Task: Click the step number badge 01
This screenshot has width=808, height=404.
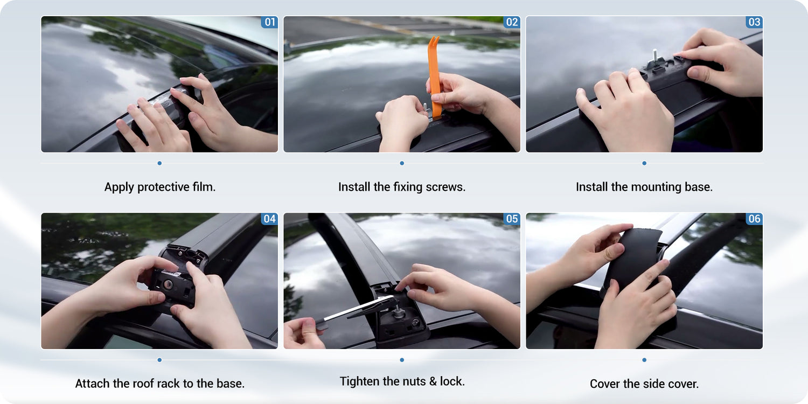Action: (x=269, y=22)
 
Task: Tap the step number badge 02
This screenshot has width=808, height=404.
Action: (x=512, y=22)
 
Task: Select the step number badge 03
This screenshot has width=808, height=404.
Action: (x=754, y=22)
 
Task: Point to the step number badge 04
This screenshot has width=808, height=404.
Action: (x=269, y=219)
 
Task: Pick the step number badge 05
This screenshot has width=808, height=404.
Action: (x=512, y=219)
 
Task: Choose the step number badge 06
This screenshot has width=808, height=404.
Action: (x=754, y=219)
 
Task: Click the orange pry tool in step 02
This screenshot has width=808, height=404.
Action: (x=435, y=76)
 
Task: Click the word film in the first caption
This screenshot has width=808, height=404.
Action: (x=204, y=187)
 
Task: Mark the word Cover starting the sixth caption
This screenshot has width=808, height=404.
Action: (x=604, y=384)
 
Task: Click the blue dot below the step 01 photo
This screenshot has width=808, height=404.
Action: (x=159, y=163)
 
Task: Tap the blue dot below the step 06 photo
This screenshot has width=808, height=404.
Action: (x=644, y=360)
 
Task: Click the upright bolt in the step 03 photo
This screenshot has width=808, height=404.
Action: (x=654, y=57)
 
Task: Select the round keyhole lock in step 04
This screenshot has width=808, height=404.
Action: (x=168, y=284)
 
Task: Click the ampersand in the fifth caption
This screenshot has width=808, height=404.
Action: (x=433, y=381)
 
